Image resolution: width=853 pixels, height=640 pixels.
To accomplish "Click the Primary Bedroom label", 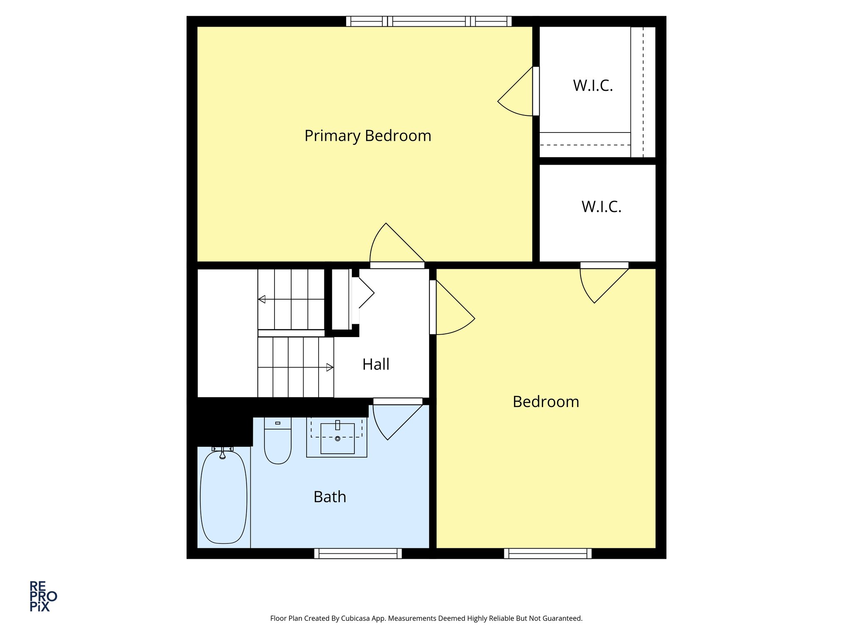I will pos(368,136).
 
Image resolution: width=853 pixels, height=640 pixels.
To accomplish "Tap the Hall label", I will pos(376,364).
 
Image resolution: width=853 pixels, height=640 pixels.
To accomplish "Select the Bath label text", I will pos(330,497).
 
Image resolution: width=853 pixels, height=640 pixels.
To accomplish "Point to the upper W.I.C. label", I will pos(593,85).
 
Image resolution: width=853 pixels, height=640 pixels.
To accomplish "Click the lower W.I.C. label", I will pos(601,207).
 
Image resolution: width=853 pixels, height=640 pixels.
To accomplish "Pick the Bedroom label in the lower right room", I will pos(546,402).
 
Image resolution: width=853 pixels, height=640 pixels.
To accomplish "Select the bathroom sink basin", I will pos(337,438).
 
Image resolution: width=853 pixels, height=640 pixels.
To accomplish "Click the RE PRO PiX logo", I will pos(43,596).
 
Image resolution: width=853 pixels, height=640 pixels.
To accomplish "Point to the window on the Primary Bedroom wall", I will pos(429,21).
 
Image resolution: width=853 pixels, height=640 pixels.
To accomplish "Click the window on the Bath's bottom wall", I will pos(358,553).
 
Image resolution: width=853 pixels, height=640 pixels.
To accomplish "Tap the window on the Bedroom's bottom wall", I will pos(548,553).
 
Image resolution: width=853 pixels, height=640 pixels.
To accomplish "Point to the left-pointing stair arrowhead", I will pos(262,299).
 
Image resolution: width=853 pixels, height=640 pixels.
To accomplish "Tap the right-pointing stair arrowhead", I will pos(329,367).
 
